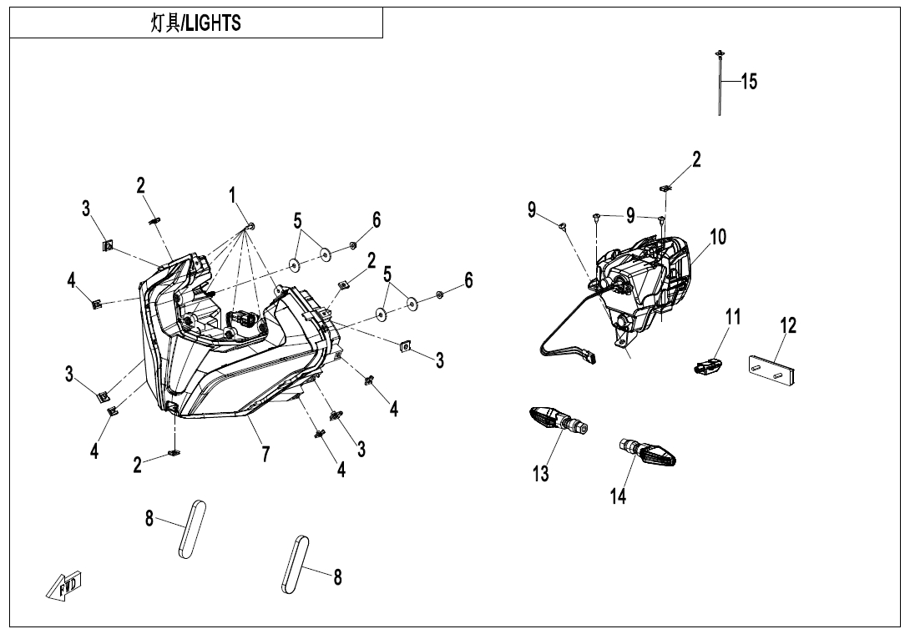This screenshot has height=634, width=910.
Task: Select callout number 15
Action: tap(749, 82)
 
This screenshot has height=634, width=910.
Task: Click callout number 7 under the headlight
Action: tap(265, 454)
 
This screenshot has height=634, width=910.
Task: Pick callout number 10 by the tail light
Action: tap(718, 237)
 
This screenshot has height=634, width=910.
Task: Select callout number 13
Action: tap(541, 474)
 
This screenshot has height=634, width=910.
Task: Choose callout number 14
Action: tap(618, 496)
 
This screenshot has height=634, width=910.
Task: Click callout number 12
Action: tap(788, 325)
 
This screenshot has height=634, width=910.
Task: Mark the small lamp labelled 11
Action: tap(707, 365)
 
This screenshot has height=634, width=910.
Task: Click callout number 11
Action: tap(732, 317)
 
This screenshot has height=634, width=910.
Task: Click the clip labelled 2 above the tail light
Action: tap(665, 188)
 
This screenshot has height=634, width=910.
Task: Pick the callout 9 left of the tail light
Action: tap(532, 209)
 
